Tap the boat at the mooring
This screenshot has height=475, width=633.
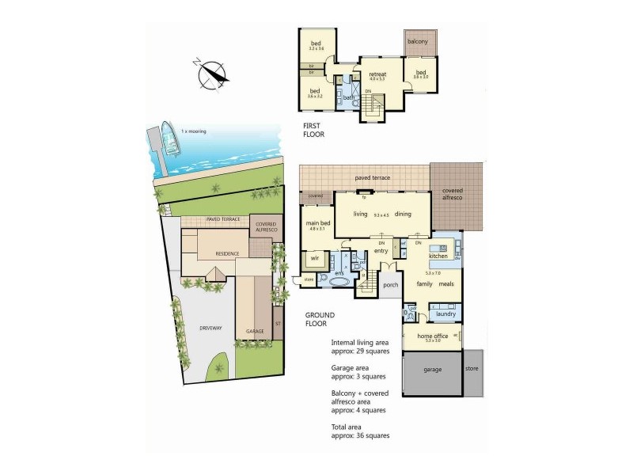pyautogui.click(x=169, y=136)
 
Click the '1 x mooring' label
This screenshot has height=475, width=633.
pyautogui.click(x=193, y=131)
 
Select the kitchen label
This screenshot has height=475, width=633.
pyautogui.click(x=438, y=256)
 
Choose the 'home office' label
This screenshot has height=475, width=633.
pyautogui.click(x=432, y=336)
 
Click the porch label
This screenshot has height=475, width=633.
pyautogui.click(x=389, y=285)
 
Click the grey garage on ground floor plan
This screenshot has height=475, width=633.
pyautogui.click(x=431, y=370)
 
